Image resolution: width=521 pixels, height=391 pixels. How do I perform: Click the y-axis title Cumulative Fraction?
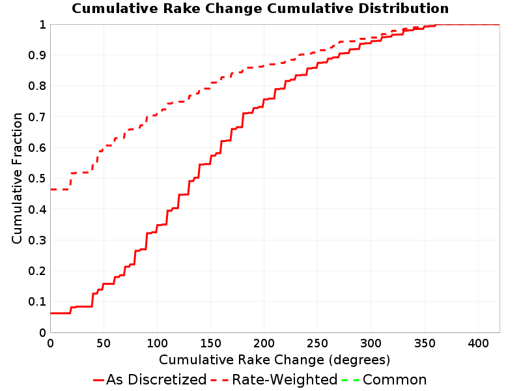click(x=17, y=178)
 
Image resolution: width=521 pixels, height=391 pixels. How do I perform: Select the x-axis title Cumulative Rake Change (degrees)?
click(x=274, y=360)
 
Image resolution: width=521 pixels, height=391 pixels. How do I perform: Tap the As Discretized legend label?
click(x=156, y=380)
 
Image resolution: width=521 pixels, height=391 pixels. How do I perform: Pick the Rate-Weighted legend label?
click(x=285, y=380)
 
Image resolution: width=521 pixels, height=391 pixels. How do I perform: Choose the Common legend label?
click(x=395, y=380)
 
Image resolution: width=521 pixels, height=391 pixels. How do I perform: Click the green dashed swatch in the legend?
click(x=350, y=380)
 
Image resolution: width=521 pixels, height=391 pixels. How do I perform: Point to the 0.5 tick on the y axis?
click(x=37, y=179)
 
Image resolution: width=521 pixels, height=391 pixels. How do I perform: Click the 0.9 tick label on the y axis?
click(x=37, y=55)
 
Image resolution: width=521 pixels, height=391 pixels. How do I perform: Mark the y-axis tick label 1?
click(x=42, y=25)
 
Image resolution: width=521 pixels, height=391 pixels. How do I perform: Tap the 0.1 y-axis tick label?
click(x=37, y=302)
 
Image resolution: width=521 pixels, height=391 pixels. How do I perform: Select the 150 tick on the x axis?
click(x=210, y=343)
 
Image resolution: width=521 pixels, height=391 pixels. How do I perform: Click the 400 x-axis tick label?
click(x=478, y=343)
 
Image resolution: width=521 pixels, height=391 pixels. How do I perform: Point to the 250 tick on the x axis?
click(x=318, y=343)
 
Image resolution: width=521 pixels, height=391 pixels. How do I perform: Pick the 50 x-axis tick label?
click(x=104, y=343)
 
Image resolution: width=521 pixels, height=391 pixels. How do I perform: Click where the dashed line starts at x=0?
click(x=51, y=190)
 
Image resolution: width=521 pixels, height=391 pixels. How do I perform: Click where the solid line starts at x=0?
click(x=51, y=313)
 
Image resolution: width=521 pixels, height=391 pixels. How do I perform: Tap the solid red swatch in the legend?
click(x=99, y=380)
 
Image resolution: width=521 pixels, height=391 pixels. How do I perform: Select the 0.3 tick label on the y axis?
click(x=37, y=240)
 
